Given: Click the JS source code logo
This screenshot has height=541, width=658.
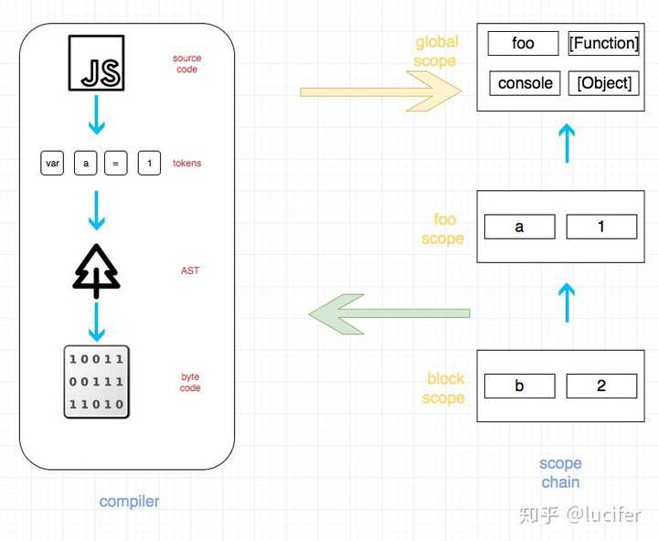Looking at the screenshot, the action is pyautogui.click(x=97, y=63).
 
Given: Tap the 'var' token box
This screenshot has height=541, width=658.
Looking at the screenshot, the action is pyautogui.click(x=52, y=163).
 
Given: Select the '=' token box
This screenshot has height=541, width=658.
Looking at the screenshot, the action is pyautogui.click(x=116, y=163).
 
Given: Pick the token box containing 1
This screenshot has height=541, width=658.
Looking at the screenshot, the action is pyautogui.click(x=149, y=163).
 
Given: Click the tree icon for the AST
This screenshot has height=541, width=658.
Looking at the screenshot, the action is pyautogui.click(x=97, y=271).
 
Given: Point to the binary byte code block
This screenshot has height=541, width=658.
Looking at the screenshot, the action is pyautogui.click(x=97, y=382).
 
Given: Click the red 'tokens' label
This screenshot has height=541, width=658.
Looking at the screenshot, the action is pyautogui.click(x=187, y=163).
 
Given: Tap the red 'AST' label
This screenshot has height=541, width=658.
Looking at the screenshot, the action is pyautogui.click(x=190, y=270).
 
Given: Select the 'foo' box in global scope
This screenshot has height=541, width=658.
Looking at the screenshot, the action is pyautogui.click(x=524, y=43).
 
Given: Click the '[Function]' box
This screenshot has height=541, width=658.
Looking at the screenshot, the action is pyautogui.click(x=604, y=43).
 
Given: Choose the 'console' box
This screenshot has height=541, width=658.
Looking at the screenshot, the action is pyautogui.click(x=525, y=83).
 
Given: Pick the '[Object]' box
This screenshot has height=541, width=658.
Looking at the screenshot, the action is pyautogui.click(x=604, y=83).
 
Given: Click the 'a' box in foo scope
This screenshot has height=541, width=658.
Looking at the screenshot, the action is pyautogui.click(x=520, y=227).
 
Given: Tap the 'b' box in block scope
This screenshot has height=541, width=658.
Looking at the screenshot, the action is pyautogui.click(x=520, y=386).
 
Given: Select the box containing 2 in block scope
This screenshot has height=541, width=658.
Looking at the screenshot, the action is pyautogui.click(x=601, y=386).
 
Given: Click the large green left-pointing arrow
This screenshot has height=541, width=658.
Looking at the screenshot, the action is pyautogui.click(x=389, y=314).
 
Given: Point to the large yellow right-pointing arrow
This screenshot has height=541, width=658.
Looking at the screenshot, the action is pyautogui.click(x=380, y=91).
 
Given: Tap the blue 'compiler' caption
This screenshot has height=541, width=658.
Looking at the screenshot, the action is pyautogui.click(x=129, y=502).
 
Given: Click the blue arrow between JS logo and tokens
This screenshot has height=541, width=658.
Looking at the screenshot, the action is pyautogui.click(x=97, y=114).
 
